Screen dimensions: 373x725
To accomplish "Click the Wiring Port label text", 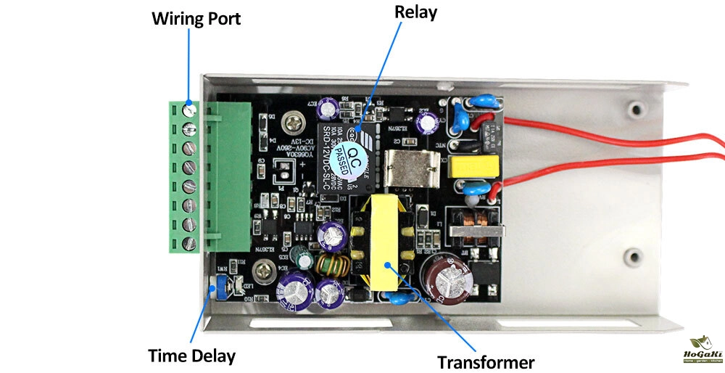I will point(196,18).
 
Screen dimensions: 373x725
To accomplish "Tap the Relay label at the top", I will point(414,12).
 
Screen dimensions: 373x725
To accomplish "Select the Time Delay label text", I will point(191,356).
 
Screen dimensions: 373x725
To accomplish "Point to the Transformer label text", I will point(486,361).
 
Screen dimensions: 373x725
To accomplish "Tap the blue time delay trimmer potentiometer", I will point(214,291).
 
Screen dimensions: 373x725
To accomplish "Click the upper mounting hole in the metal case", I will point(637,110).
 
